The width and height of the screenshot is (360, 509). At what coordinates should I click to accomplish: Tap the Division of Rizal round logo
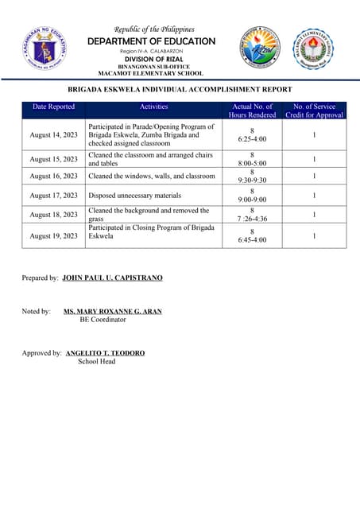click(x=261, y=48)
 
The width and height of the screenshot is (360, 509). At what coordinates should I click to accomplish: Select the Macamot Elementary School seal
click(x=315, y=49)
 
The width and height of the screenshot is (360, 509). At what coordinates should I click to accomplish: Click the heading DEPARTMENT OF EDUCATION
click(x=151, y=41)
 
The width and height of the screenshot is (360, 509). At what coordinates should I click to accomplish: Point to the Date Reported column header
click(x=54, y=107)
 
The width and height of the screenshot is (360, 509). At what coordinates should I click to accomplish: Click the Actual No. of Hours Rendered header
click(x=252, y=111)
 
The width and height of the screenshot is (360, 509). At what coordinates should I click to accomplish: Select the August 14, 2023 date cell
click(x=54, y=135)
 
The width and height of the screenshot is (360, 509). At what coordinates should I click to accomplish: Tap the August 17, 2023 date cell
click(x=54, y=196)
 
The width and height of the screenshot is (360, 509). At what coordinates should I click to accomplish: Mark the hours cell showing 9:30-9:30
click(x=252, y=177)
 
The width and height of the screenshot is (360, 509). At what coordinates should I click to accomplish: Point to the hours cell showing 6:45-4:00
click(x=252, y=235)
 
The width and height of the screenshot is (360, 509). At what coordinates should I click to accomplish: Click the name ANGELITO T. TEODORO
click(x=105, y=353)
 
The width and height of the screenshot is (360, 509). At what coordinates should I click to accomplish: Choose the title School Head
click(x=96, y=362)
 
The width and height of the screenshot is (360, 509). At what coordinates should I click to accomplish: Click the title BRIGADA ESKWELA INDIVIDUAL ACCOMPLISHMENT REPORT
click(x=180, y=90)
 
